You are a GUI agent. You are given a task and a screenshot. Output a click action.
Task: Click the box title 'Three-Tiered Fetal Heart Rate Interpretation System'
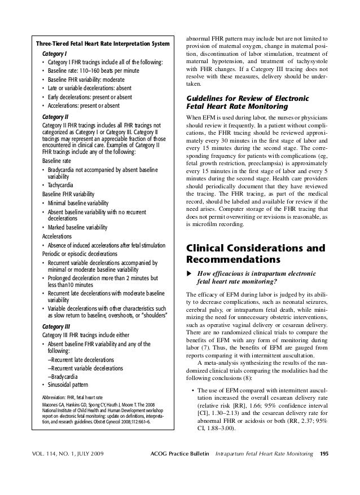coord(102,44)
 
